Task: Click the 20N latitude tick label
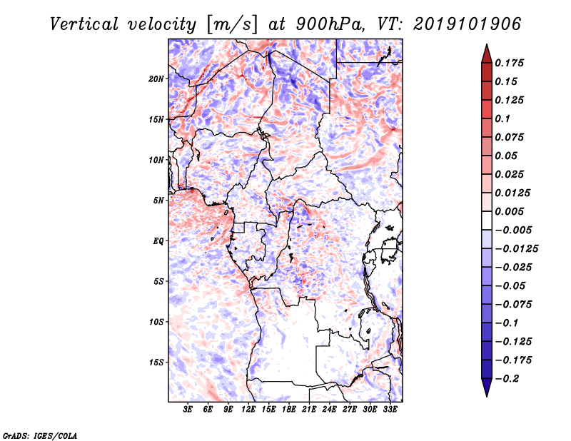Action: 156,79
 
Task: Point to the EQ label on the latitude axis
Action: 158,241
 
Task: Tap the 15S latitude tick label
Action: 156,363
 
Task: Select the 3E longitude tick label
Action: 188,409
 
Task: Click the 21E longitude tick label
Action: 309,409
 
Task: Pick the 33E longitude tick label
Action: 390,409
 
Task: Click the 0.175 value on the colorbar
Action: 510,63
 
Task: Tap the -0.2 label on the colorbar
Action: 507,379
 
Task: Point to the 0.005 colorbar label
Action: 510,211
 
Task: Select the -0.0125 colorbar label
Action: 516,249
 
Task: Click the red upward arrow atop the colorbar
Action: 487,54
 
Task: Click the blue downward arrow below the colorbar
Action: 487,387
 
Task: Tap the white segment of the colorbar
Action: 487,220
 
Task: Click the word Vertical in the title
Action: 84,24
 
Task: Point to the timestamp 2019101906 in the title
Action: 468,24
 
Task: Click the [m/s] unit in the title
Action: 232,24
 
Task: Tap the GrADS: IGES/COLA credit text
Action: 40,435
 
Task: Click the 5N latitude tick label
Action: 158,201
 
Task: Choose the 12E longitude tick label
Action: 248,409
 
